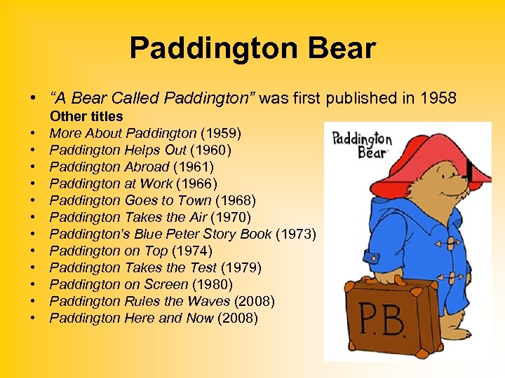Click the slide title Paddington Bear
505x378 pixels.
point(252,49)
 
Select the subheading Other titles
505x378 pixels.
point(86,116)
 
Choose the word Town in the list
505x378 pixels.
point(189,200)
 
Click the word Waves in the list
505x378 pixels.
point(211,301)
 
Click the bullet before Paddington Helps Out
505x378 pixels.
point(33,150)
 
